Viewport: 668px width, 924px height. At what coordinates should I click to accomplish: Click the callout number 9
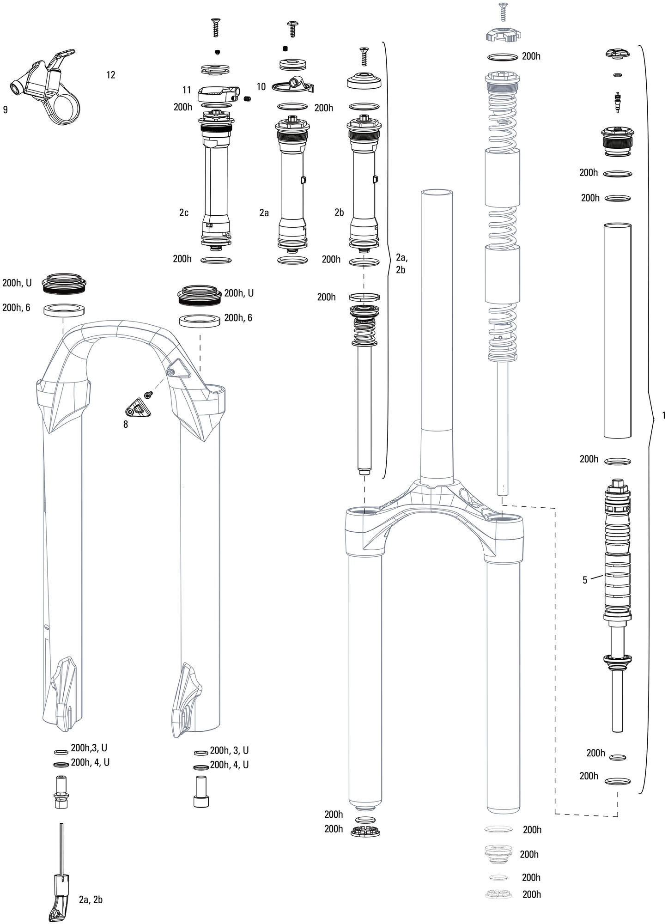tap(5, 110)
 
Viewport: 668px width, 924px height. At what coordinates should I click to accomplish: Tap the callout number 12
tap(110, 75)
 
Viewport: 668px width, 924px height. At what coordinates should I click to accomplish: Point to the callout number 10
tap(261, 86)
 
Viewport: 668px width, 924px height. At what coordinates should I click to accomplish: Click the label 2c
tap(184, 213)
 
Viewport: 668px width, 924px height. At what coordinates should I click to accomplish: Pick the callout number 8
tap(126, 424)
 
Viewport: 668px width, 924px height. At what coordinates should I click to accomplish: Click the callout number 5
tap(585, 580)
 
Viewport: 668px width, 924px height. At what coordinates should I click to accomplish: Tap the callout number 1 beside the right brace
tap(664, 415)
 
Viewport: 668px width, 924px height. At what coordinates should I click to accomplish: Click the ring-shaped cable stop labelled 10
tap(294, 85)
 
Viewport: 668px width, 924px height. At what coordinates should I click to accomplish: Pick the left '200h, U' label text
tap(17, 283)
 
